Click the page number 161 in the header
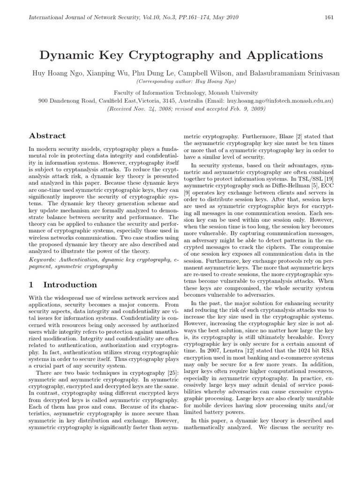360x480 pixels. [329, 17]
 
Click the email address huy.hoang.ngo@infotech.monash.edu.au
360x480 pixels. [280, 101]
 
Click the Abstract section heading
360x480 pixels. [47, 136]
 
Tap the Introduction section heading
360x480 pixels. [70, 285]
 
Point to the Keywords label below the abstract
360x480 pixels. [43, 259]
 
